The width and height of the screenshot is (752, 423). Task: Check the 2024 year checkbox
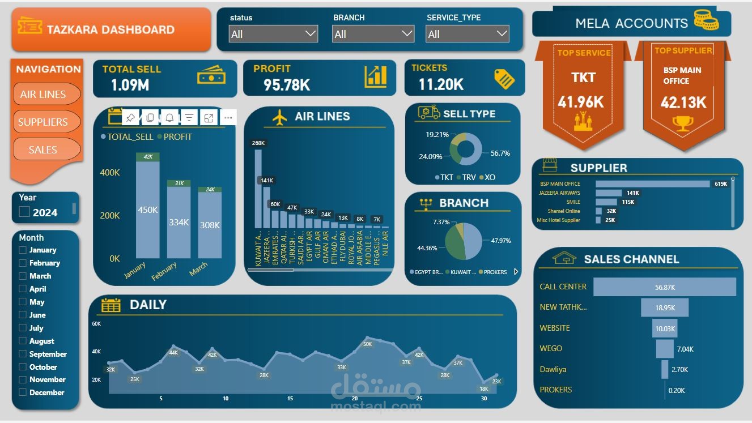point(24,212)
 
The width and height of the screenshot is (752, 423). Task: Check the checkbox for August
point(23,341)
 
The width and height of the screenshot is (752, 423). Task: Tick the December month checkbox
point(23,392)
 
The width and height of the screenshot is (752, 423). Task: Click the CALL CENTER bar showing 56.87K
point(664,287)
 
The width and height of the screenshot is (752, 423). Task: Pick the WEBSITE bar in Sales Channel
point(664,328)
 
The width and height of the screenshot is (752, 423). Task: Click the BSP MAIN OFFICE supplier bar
point(652,184)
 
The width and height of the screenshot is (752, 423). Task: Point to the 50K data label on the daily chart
point(367,344)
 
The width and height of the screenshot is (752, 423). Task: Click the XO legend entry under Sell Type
point(487,177)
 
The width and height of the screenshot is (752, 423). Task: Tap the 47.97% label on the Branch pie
point(500,241)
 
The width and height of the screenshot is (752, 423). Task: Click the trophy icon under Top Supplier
point(682,123)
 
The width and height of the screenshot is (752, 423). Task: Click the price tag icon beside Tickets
point(504,79)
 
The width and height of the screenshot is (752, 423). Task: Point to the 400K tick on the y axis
point(110,173)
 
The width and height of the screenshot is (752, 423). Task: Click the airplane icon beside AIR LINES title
point(279,117)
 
